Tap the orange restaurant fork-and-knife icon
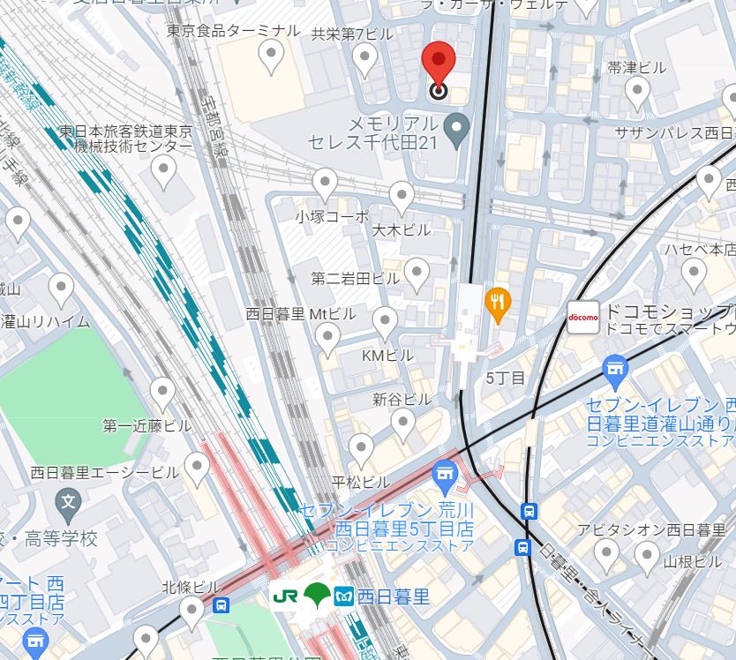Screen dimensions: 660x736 coord(499,305)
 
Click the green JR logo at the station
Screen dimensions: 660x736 coord(285,596)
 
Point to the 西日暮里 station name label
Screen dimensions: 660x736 coord(394,597)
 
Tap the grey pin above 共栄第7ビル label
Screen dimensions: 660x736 coord(364,58)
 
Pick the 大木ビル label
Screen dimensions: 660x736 coord(402,229)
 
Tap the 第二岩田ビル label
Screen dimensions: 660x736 coord(356,278)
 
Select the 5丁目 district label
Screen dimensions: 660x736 coord(506,378)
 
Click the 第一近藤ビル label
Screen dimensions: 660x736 coord(146,426)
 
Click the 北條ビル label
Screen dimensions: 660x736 coord(191,587)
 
